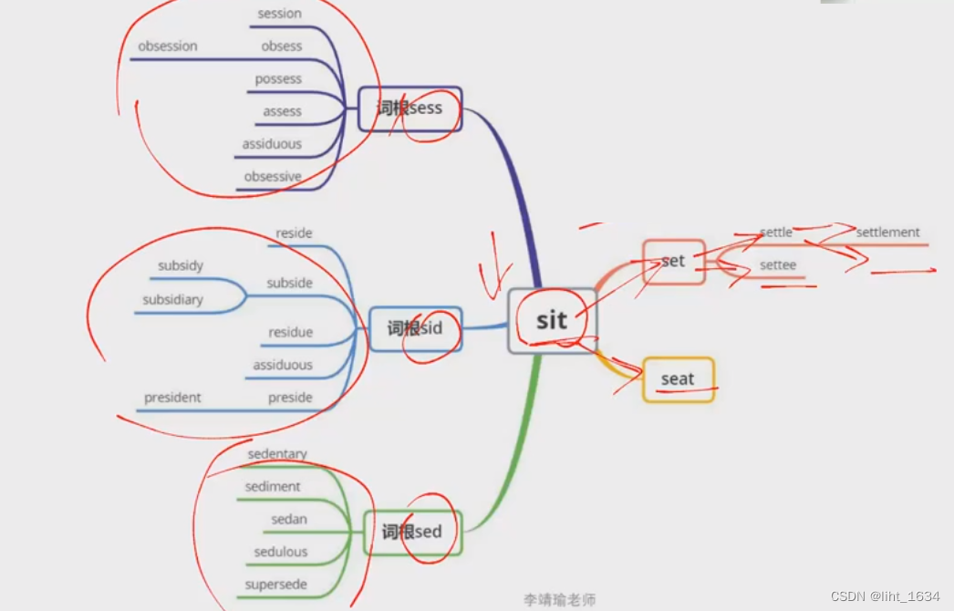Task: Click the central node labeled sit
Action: pyautogui.click(x=552, y=320)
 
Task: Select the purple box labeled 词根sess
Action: pyautogui.click(x=410, y=109)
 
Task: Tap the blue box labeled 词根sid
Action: pyautogui.click(x=415, y=328)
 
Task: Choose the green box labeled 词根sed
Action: pyautogui.click(x=412, y=533)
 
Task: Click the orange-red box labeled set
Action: pyautogui.click(x=673, y=262)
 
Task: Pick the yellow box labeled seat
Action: pyautogui.click(x=678, y=379)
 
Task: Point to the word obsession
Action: pyautogui.click(x=168, y=47)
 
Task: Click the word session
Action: pyautogui.click(x=279, y=14)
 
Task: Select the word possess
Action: pyautogui.click(x=278, y=79)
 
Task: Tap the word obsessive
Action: pyautogui.click(x=272, y=177)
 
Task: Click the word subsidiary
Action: pyautogui.click(x=172, y=300)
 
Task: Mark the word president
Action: pyautogui.click(x=172, y=398)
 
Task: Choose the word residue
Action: pyautogui.click(x=290, y=333)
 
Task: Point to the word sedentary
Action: pyautogui.click(x=277, y=454)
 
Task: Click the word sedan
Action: pyautogui.click(x=289, y=520)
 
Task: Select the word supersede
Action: pyautogui.click(x=275, y=585)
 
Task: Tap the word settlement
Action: pyautogui.click(x=887, y=233)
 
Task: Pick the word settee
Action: pyautogui.click(x=778, y=265)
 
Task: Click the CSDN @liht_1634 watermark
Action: pyautogui.click(x=885, y=596)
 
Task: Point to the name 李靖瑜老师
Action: pyautogui.click(x=559, y=599)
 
